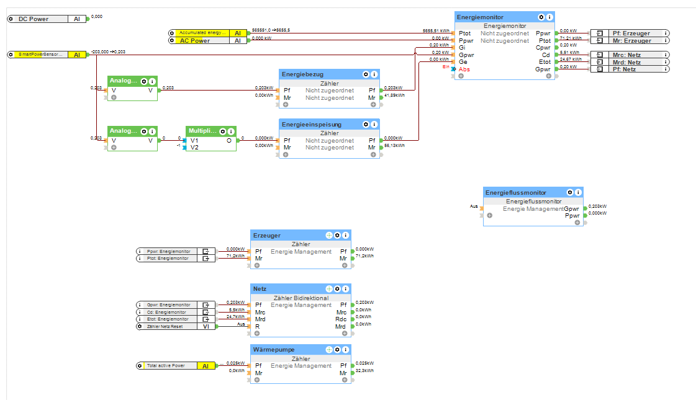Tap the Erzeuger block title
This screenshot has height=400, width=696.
(x=267, y=236)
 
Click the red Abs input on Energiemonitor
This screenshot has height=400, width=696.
(x=464, y=69)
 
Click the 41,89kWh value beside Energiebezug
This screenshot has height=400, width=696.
(x=394, y=96)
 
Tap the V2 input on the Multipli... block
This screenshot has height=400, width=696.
(x=194, y=148)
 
